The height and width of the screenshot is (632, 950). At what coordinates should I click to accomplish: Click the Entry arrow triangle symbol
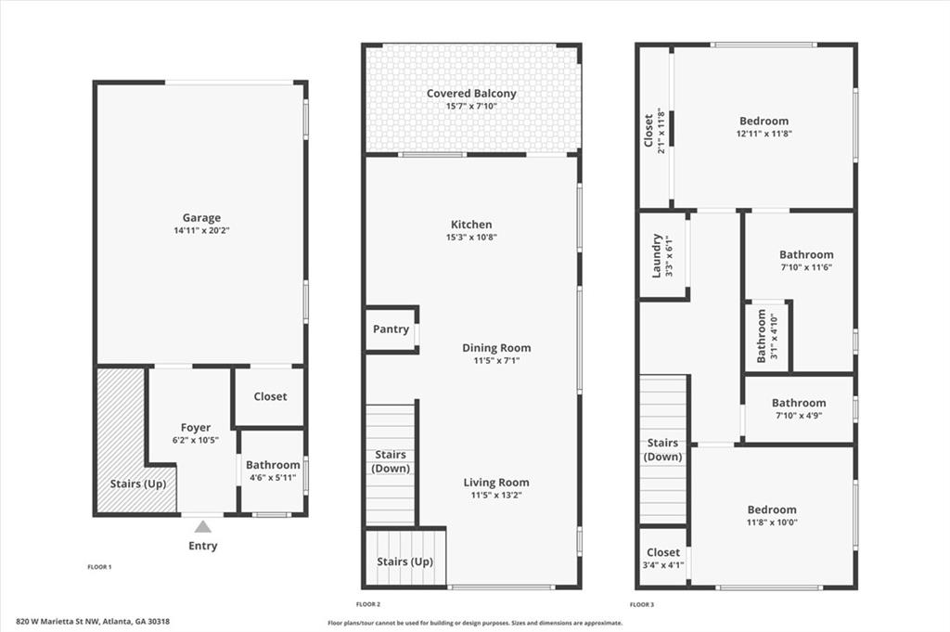click(x=203, y=526)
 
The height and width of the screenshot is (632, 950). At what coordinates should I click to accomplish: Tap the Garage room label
click(x=201, y=217)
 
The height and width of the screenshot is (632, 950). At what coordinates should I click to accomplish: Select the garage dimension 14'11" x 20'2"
click(x=201, y=230)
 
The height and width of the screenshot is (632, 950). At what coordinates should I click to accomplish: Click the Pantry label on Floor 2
click(x=391, y=329)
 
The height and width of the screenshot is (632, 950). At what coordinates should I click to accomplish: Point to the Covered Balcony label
click(x=471, y=94)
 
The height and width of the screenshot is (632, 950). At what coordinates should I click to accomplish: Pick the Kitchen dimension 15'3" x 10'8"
click(x=471, y=237)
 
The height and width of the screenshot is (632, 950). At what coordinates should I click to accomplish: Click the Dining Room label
click(x=496, y=348)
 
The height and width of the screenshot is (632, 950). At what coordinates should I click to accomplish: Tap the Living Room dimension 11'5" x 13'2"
click(x=496, y=495)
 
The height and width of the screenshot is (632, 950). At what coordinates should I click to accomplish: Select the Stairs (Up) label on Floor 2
click(x=404, y=561)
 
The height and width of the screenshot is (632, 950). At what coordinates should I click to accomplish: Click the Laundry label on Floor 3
click(x=656, y=256)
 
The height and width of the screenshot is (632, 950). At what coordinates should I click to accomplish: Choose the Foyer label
click(x=196, y=428)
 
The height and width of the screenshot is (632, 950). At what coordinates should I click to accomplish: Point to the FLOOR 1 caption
click(x=99, y=567)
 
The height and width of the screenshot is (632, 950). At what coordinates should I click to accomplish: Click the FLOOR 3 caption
click(x=642, y=604)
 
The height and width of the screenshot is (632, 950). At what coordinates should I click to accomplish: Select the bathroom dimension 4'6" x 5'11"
click(x=273, y=478)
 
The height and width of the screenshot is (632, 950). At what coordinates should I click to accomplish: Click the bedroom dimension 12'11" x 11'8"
click(x=764, y=134)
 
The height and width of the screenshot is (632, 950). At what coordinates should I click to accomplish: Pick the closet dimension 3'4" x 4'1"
click(x=662, y=565)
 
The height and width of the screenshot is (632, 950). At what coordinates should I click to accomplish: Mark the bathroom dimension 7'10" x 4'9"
click(x=799, y=415)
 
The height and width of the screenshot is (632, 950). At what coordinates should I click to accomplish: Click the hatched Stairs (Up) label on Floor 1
click(x=138, y=484)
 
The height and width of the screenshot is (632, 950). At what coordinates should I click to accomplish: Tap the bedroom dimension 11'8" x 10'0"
click(x=771, y=522)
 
